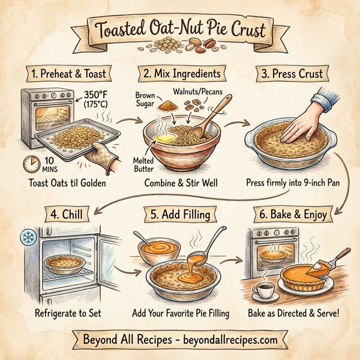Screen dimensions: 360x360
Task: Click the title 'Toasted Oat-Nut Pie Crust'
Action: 179,28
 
